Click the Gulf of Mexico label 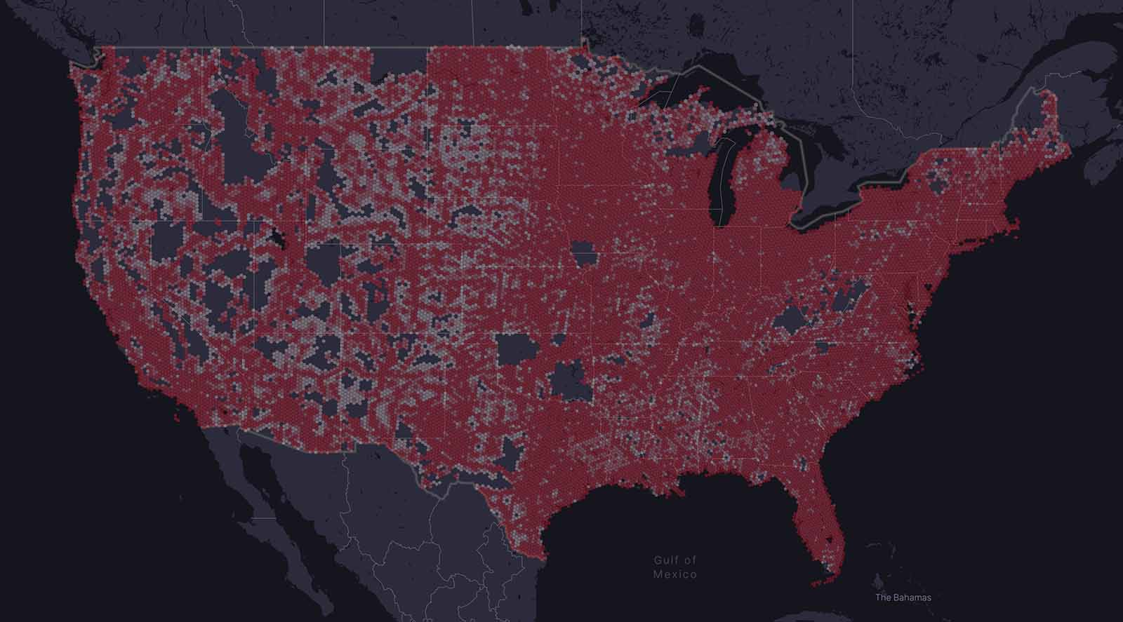pos(675,567)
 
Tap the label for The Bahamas pos(903,597)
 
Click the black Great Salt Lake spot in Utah pos(282,241)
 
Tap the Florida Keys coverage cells pos(818,582)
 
